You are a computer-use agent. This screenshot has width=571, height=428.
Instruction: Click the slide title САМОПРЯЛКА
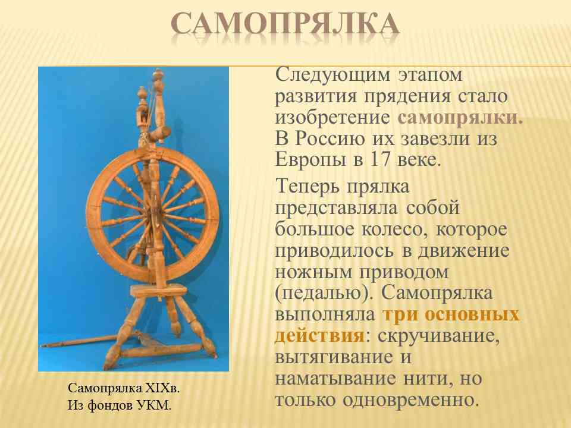(x=285, y=24)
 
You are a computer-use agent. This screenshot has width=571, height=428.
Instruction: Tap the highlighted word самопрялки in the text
(x=460, y=118)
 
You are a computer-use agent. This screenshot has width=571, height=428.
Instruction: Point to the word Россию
(x=330, y=139)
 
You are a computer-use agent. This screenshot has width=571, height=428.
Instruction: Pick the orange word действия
(x=319, y=335)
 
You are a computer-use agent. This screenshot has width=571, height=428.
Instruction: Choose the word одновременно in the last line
(x=410, y=400)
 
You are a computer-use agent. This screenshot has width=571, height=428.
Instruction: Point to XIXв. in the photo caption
(x=162, y=388)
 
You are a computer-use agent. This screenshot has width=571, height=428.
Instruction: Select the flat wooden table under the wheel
(x=158, y=291)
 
